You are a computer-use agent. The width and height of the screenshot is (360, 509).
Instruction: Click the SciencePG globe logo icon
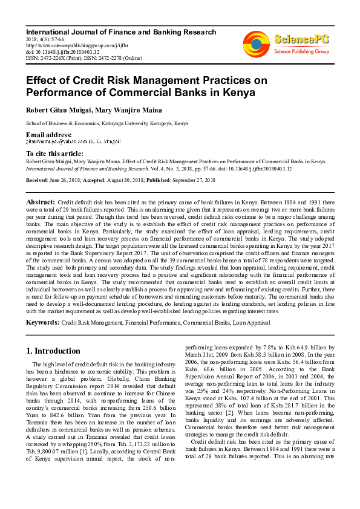coord(256,43)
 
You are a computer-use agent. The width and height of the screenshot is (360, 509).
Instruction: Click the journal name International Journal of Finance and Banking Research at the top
coord(120,32)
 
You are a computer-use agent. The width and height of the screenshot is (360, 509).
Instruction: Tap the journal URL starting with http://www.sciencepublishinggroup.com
coord(73,45)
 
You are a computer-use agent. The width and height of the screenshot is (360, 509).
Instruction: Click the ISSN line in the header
coord(83,58)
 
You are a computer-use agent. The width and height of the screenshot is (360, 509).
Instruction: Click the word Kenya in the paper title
coord(238,92)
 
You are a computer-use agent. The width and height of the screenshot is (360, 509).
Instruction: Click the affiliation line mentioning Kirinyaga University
coord(106,123)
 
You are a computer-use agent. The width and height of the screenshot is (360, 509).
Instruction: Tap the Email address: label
coord(48,134)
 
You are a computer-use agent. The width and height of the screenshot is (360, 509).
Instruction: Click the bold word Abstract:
coord(41,201)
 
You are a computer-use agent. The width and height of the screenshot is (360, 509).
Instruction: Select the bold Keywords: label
coord(42,323)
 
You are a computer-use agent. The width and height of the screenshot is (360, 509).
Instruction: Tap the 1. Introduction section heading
coord(53,351)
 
